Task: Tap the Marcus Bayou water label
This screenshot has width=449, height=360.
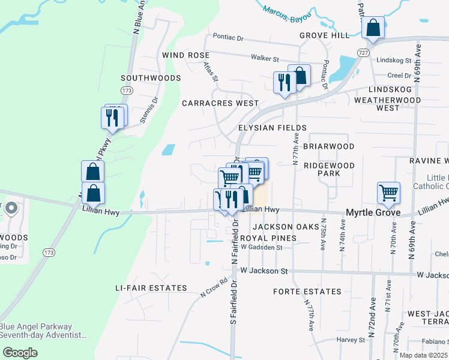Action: coord(288,12)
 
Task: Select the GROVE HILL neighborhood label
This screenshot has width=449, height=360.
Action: coord(325,35)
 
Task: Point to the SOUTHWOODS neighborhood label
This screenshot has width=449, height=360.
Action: coord(151,78)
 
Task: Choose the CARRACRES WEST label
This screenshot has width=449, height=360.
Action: coord(220,103)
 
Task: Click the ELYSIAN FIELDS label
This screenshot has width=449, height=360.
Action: coord(273,128)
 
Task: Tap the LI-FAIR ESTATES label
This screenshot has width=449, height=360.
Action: coord(151,288)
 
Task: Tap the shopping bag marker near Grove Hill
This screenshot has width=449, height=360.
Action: coord(373,28)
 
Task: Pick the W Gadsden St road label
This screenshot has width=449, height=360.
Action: coord(261,247)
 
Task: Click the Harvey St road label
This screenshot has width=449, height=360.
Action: coord(351,340)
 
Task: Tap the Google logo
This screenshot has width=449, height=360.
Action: coord(20,352)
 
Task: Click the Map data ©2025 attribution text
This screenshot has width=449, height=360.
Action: coord(423,355)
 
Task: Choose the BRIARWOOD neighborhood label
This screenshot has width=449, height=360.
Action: coord(328,146)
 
